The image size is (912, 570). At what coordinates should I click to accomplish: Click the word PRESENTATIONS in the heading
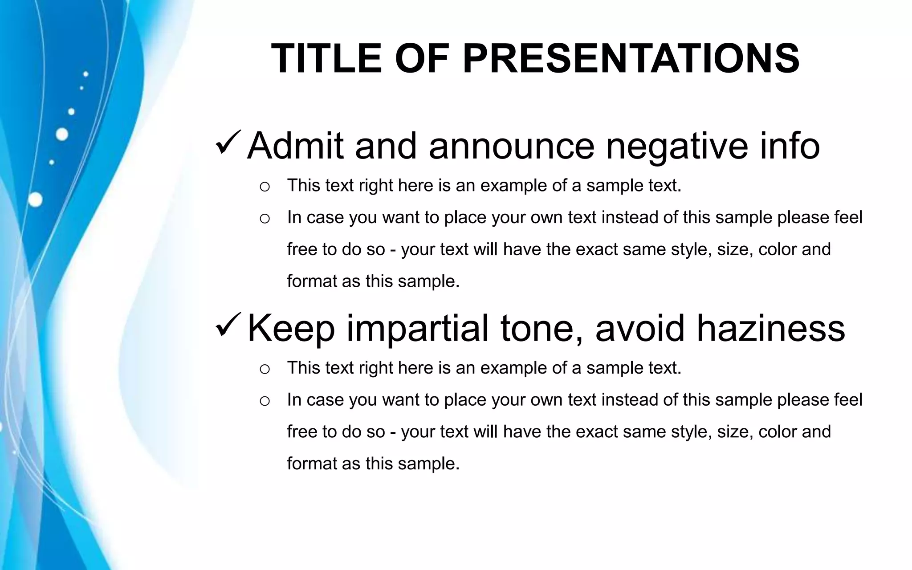click(631, 58)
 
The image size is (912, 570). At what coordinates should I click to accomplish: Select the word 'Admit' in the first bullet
click(295, 146)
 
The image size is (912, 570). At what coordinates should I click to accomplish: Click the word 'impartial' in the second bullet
click(417, 329)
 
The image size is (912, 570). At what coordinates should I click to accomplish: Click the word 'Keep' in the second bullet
click(290, 329)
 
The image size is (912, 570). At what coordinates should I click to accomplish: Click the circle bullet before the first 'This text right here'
click(265, 187)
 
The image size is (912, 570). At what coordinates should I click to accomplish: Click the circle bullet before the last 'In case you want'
click(265, 401)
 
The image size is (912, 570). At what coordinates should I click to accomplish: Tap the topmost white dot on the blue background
click(85, 74)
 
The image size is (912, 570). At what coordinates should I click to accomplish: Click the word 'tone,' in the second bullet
click(541, 329)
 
